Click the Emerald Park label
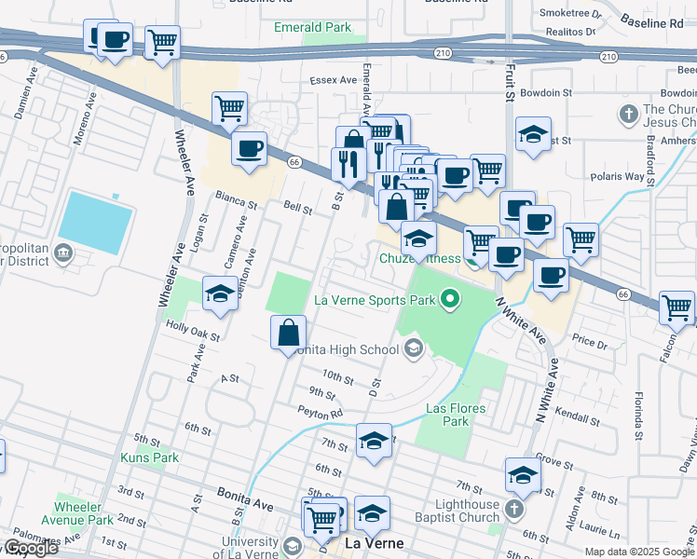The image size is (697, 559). [312, 27]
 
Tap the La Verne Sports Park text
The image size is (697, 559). [375, 300]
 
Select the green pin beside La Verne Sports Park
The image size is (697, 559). [450, 299]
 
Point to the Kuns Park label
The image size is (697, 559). [149, 457]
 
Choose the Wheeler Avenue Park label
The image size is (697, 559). [84, 513]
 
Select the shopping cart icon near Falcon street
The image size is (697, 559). [676, 307]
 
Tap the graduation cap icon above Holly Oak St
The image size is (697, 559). [220, 293]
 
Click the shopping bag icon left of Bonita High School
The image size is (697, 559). [289, 331]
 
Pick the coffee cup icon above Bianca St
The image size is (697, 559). [249, 148]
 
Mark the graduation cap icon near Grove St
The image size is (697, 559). [523, 474]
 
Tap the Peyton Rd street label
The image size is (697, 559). [321, 412]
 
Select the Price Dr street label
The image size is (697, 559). [589, 342]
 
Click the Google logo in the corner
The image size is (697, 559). [30, 548]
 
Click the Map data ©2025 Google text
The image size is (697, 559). [638, 552]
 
